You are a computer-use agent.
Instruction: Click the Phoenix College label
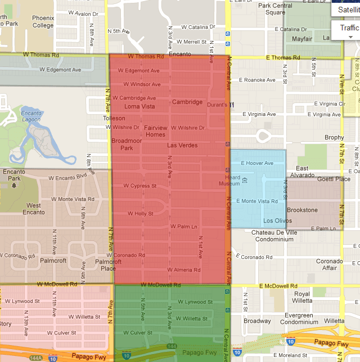(x=43, y=22)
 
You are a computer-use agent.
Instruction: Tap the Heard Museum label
(x=229, y=180)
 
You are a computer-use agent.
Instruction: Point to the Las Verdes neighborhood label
(x=182, y=145)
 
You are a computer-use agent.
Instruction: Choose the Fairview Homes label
(x=155, y=131)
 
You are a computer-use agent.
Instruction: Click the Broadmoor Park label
(x=122, y=144)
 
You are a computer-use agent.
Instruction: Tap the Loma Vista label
(x=139, y=106)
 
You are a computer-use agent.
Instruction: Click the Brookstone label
(x=302, y=210)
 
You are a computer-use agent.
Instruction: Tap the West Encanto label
(x=34, y=209)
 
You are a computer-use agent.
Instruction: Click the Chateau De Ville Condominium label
(x=281, y=236)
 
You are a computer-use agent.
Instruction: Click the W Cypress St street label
(x=140, y=186)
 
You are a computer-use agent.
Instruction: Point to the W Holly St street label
(x=140, y=213)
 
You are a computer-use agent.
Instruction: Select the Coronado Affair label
(x=329, y=265)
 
